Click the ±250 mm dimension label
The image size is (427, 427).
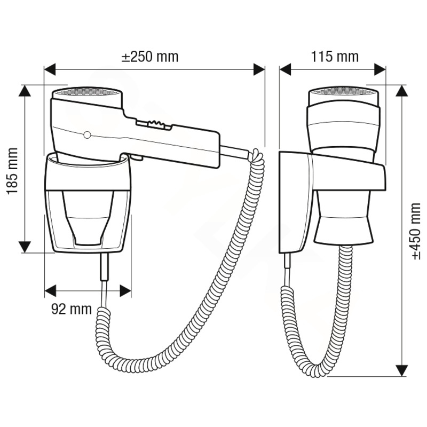click(150, 57)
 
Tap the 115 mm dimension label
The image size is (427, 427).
click(335, 57)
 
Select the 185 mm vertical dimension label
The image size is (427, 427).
click(12, 171)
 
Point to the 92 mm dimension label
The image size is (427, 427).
click(72, 309)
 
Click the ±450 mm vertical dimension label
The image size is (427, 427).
click(416, 231)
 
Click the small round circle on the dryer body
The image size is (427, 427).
click(87, 135)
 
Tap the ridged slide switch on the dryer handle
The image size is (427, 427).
click(154, 124)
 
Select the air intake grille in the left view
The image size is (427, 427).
click(87, 91)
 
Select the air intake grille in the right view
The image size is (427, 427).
click(343, 91)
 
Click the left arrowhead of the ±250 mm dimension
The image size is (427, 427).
click(50, 69)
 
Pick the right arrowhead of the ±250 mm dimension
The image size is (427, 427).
click(259, 69)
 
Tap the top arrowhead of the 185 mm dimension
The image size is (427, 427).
click(25, 91)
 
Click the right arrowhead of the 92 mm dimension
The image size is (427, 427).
click(125, 291)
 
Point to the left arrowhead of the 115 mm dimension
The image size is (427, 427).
click(286, 69)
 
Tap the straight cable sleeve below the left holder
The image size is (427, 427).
click(105, 267)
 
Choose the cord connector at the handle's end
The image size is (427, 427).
click(235, 153)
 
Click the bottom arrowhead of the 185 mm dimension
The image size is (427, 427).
click(25, 247)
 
